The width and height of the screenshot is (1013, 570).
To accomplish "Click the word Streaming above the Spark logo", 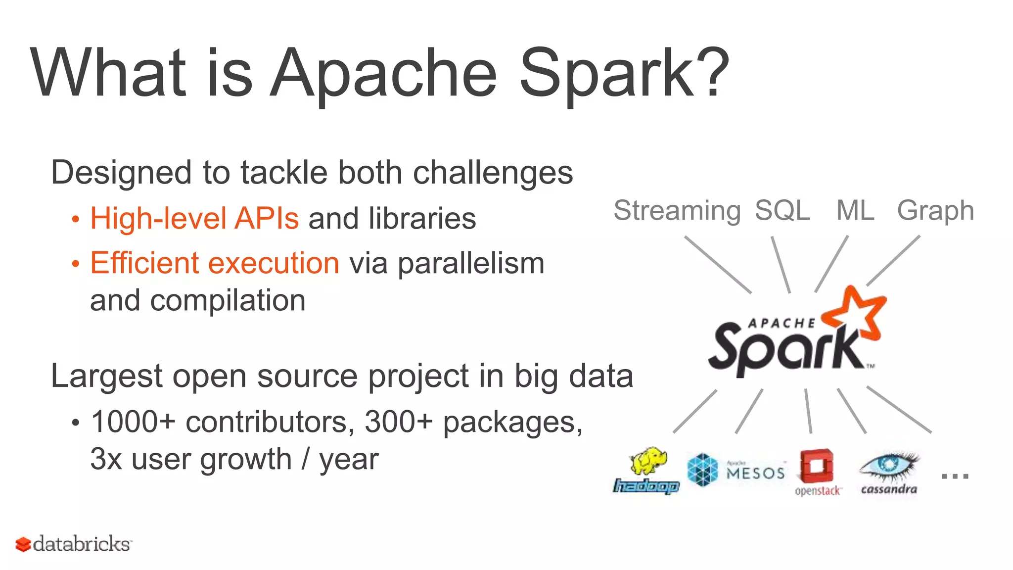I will pyautogui.click(x=677, y=211).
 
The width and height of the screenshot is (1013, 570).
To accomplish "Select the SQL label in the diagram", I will pyautogui.click(x=782, y=211).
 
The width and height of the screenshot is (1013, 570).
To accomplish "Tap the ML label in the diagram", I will pyautogui.click(x=855, y=211).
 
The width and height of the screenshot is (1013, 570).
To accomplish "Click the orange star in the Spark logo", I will pyautogui.click(x=858, y=312).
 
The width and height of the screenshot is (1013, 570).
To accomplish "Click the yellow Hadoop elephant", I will pyautogui.click(x=648, y=462).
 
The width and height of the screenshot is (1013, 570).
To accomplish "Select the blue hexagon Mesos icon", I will pyautogui.click(x=702, y=470).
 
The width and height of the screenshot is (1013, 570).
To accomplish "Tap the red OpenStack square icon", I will pyautogui.click(x=817, y=466).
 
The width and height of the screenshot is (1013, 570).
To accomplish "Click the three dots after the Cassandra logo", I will pyautogui.click(x=955, y=476).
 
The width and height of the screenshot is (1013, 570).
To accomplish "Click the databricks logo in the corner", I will pyautogui.click(x=74, y=544).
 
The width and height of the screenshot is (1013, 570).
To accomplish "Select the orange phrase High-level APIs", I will pyautogui.click(x=194, y=219).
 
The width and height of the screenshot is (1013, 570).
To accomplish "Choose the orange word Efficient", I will pyautogui.click(x=143, y=263).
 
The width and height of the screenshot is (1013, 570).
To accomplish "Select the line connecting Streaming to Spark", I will pyautogui.click(x=718, y=265).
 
